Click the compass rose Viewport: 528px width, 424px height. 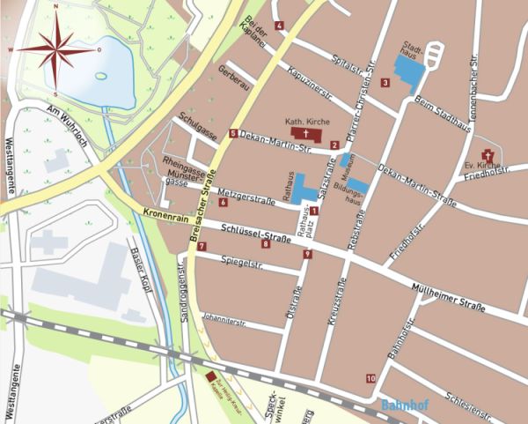point(55,50)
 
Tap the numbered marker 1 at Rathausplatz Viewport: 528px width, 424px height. point(313,210)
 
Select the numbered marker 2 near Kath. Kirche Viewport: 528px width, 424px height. point(334,145)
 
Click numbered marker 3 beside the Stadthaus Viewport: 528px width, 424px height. point(385,83)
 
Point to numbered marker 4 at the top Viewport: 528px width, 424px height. point(279,26)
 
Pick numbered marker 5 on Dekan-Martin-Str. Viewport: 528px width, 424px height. point(233,134)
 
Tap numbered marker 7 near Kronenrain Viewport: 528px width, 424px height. point(202,246)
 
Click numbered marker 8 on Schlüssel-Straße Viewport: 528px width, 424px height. point(265,244)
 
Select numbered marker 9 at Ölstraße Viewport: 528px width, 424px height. point(307,255)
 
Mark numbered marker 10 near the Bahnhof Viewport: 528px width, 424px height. point(370,378)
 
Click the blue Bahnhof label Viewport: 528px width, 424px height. point(406,405)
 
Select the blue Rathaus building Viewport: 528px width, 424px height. point(304,188)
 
